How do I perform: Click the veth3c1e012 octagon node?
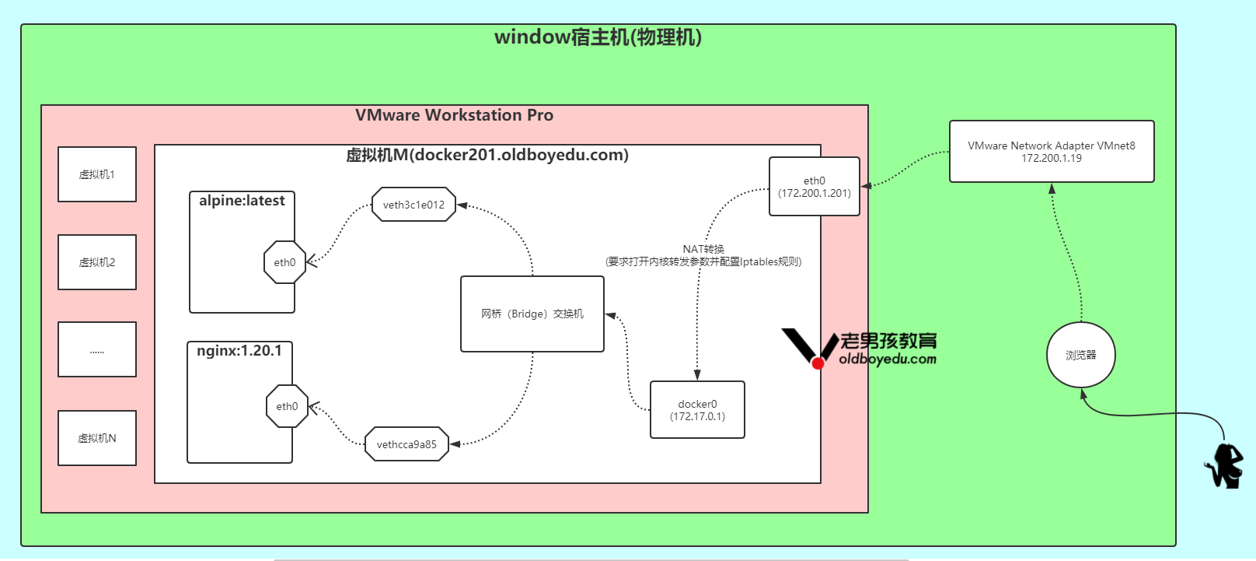[413, 205]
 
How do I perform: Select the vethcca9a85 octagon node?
[406, 444]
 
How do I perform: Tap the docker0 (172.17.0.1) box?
[697, 410]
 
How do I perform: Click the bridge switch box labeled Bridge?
[532, 314]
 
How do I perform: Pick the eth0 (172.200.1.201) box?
[814, 187]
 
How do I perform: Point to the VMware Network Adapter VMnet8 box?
[1051, 152]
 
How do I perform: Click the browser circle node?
[1080, 355]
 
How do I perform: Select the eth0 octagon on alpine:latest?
[284, 262]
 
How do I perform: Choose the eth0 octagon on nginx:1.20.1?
[287, 406]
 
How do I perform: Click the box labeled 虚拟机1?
[97, 174]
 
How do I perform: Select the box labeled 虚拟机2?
[97, 262]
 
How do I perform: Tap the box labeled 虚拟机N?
[97, 438]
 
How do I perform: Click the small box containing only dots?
[97, 350]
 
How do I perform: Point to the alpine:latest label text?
[242, 201]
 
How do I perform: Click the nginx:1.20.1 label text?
[239, 351]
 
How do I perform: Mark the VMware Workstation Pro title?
[454, 115]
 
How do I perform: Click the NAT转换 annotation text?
[703, 249]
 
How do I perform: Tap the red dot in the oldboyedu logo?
[818, 363]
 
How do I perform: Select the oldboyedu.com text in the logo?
[888, 359]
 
